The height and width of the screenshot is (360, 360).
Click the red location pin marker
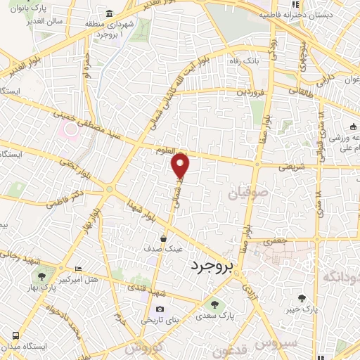[181, 166]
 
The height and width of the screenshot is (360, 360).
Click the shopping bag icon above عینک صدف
[163, 238]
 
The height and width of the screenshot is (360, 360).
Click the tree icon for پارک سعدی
[215, 304]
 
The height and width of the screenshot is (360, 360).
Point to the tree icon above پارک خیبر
[302, 297]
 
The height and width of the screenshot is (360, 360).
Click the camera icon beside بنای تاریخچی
[160, 309]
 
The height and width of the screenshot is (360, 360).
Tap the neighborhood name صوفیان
[245, 191]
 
